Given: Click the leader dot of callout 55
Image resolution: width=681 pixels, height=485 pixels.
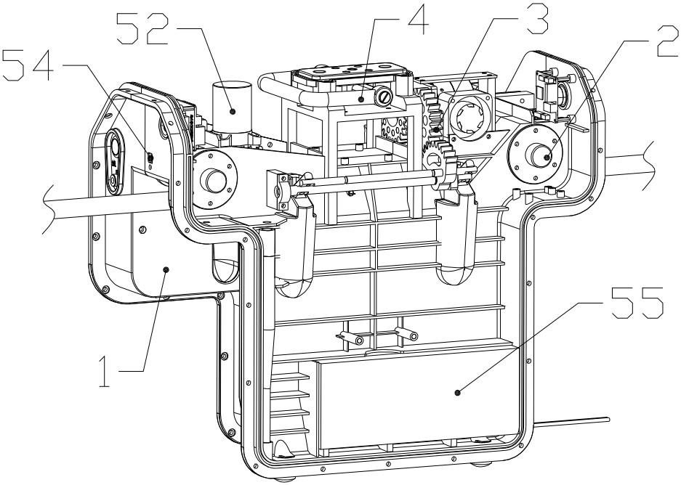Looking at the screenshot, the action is click(457, 393).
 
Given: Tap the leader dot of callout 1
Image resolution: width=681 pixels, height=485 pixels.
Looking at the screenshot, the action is click(166, 270).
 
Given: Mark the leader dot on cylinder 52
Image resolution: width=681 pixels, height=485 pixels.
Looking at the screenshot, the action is click(233, 111).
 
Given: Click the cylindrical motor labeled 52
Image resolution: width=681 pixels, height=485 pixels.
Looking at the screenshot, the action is click(232, 106).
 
